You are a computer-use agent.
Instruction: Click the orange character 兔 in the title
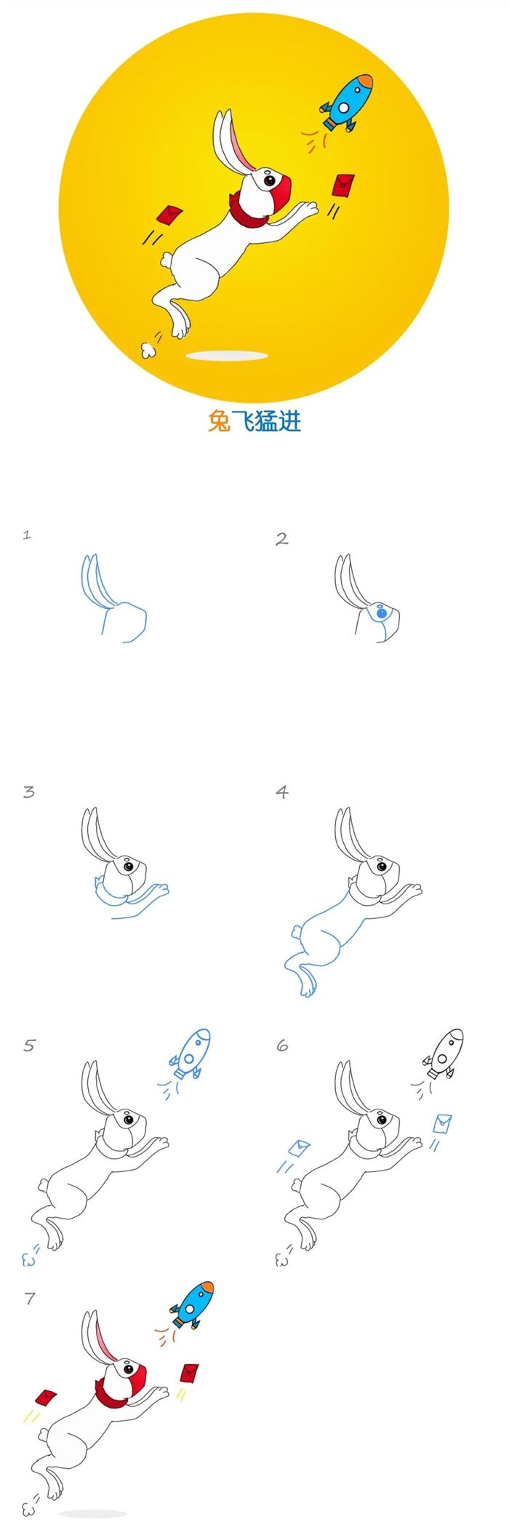click(x=219, y=421)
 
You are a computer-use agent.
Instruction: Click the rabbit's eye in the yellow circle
click(x=269, y=179)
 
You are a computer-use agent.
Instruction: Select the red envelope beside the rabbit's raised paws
click(x=344, y=186)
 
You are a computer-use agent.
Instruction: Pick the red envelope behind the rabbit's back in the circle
click(x=169, y=215)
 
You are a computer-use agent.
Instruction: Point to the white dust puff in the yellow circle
click(x=149, y=348)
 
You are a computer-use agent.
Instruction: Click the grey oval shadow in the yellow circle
click(x=228, y=356)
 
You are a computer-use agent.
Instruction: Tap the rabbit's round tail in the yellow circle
click(x=167, y=260)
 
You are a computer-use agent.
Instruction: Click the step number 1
click(x=27, y=535)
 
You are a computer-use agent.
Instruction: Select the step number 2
click(x=282, y=538)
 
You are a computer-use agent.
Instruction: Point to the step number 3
click(x=28, y=792)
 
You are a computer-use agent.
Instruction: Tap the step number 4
click(x=282, y=792)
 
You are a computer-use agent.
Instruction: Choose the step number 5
click(x=29, y=1045)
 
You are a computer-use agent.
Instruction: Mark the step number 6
click(x=282, y=1045)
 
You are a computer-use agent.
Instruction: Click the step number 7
click(x=29, y=1298)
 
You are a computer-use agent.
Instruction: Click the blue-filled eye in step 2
click(x=381, y=614)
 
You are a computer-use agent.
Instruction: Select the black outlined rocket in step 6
click(x=443, y=1053)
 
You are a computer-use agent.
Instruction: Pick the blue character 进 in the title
click(x=289, y=421)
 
